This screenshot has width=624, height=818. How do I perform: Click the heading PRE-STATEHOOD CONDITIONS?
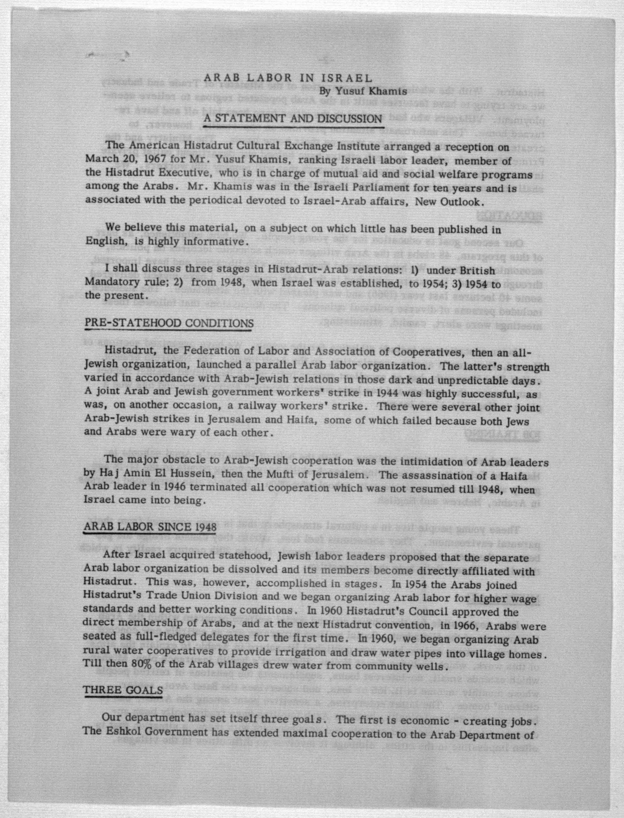point(169,323)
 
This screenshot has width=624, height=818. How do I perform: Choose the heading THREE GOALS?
point(123,690)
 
